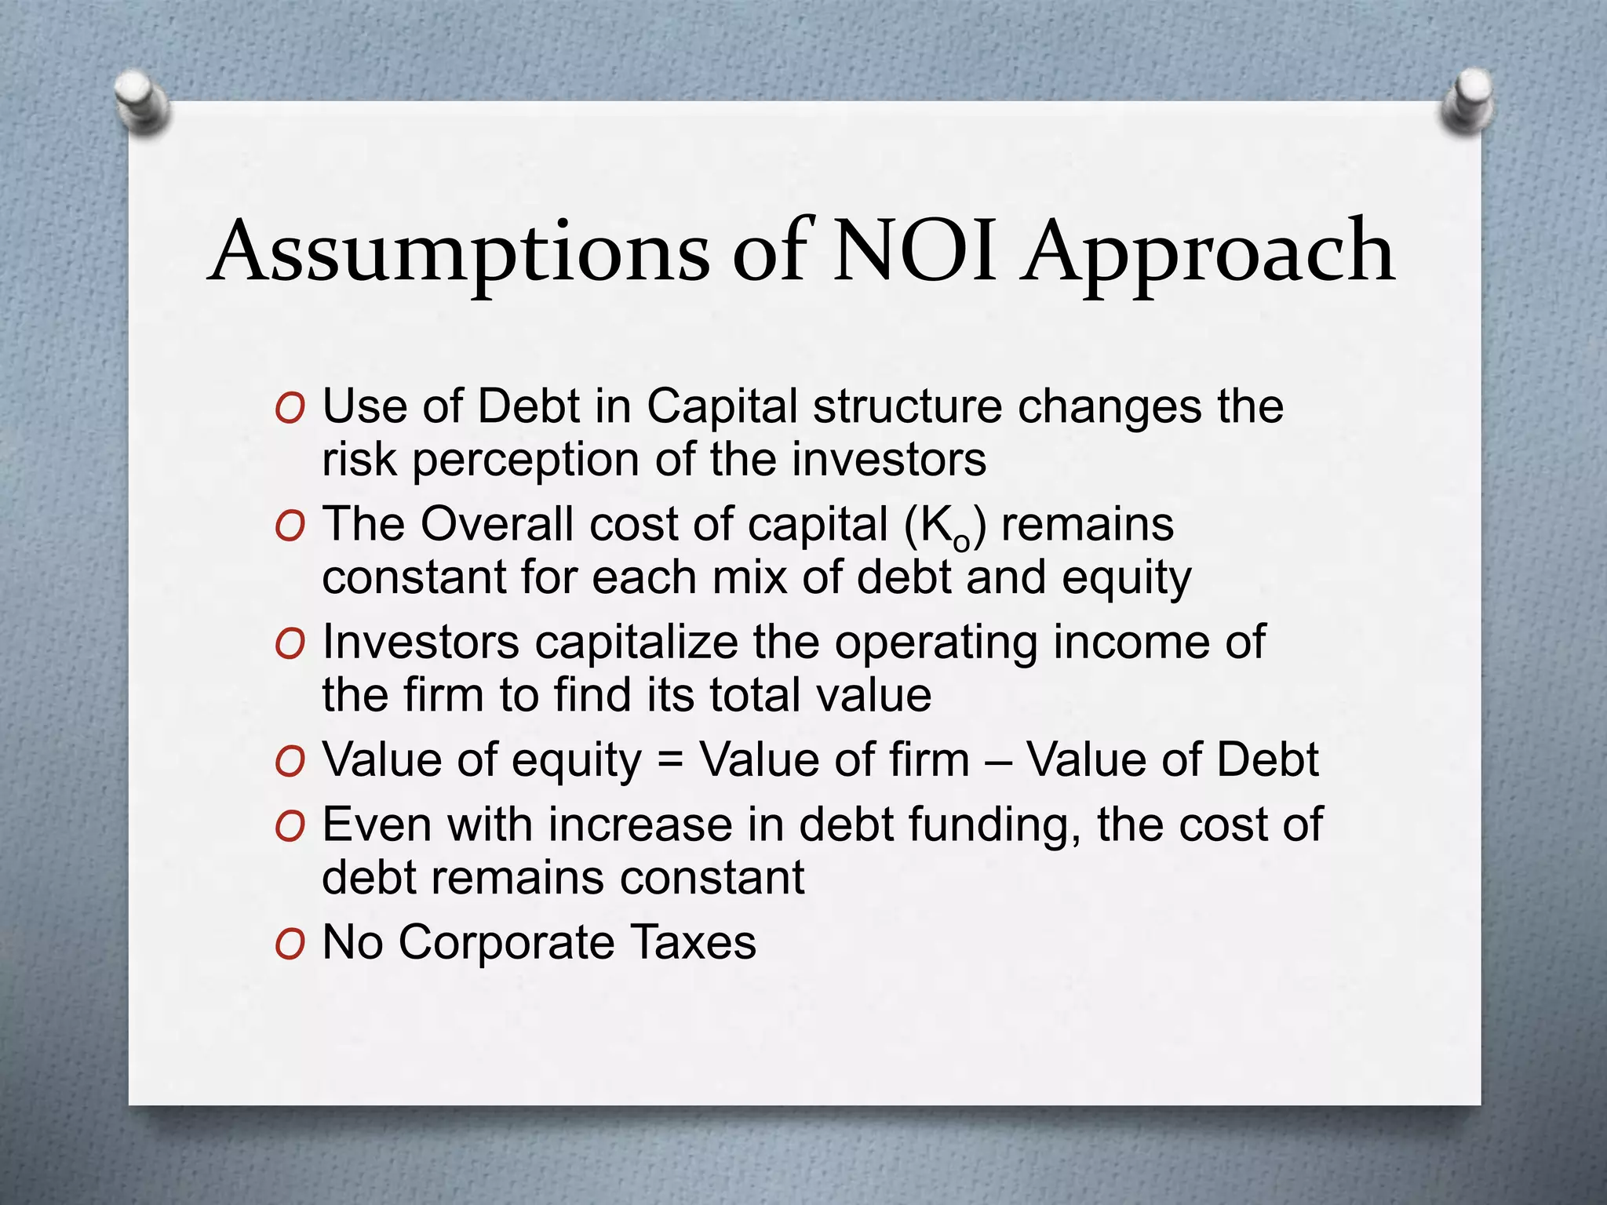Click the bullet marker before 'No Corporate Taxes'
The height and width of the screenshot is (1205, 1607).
tap(290, 945)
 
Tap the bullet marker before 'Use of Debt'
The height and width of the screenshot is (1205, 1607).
tap(290, 409)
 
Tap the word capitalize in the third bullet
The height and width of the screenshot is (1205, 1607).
tap(636, 643)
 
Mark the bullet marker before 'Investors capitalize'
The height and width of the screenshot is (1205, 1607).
tap(290, 645)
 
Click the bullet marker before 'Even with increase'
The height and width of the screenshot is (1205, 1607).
tap(290, 828)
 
